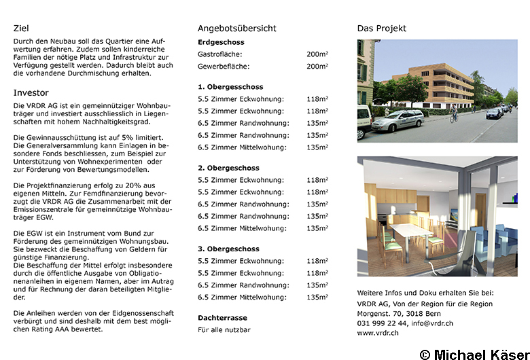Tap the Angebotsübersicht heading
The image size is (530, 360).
click(236, 29)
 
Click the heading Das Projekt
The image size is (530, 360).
click(382, 29)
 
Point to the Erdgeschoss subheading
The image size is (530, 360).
click(221, 42)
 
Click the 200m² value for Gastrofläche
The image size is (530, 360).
click(317, 54)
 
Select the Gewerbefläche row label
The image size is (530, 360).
click(224, 67)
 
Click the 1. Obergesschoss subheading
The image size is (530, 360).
click(230, 87)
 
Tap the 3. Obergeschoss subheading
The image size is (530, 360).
click(228, 249)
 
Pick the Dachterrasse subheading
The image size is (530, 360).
click(222, 318)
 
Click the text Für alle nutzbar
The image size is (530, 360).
click(224, 330)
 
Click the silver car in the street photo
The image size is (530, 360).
click(397, 122)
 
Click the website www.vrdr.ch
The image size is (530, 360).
click(378, 334)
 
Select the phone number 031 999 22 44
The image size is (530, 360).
click(383, 323)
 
